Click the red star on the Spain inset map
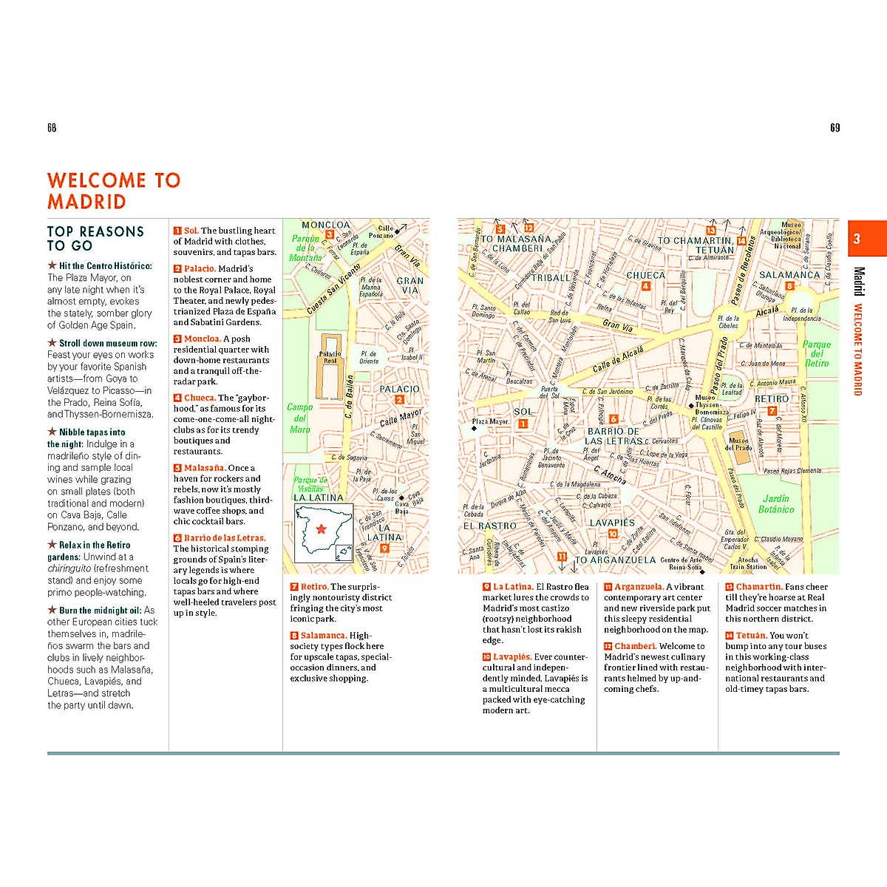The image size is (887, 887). tap(321, 529)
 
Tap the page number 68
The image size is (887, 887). tap(52, 128)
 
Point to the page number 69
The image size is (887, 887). tap(835, 128)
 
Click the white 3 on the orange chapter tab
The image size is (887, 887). tap(857, 239)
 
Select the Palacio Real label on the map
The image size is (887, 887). tap(330, 357)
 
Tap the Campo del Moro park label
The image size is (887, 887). tap(300, 418)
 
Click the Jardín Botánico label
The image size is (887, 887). tap(776, 503)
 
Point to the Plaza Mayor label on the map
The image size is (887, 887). tap(490, 421)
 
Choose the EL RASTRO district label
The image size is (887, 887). tap(489, 526)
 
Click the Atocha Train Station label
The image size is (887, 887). tap(748, 563)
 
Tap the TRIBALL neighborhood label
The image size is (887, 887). tap(551, 278)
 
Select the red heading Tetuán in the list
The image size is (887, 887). tap(750, 636)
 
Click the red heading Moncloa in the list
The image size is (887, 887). tap(202, 339)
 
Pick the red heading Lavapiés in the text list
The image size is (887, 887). tap(512, 657)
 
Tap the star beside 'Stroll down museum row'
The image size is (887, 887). tap(52, 343)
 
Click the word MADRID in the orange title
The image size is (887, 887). tap(86, 202)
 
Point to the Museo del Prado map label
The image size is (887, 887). tap(738, 443)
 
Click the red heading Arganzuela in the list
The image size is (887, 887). tap(639, 587)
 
